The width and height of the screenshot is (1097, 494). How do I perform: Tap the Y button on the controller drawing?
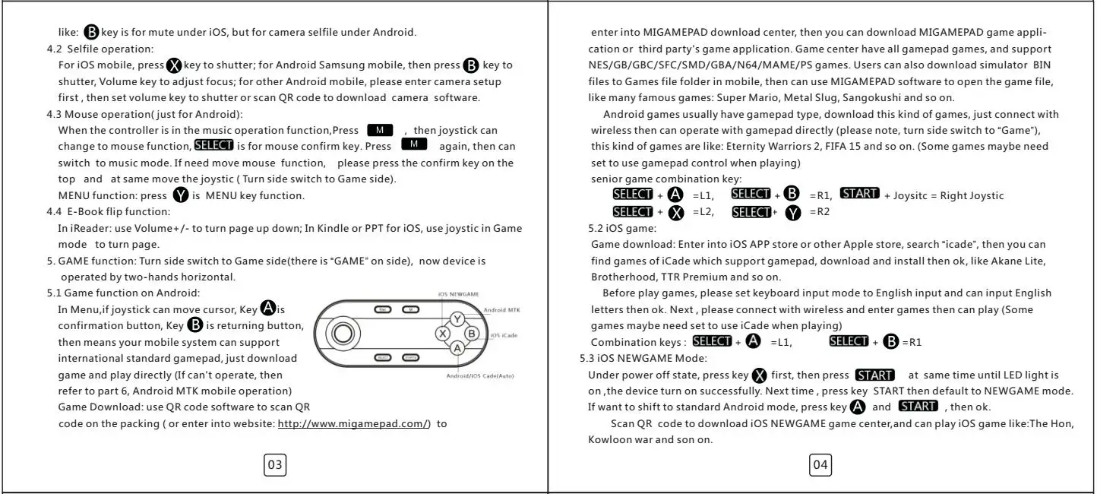tap(457, 319)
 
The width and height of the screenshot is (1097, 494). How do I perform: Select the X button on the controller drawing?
tap(442, 333)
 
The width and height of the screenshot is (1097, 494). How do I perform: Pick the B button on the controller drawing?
tap(471, 333)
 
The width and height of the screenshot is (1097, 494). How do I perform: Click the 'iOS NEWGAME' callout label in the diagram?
tap(458, 293)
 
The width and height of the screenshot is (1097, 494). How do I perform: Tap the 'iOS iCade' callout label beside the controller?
tap(504, 334)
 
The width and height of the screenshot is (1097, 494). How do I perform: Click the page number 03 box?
tap(275, 464)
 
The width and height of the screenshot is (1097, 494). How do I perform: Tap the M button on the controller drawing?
tap(411, 309)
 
